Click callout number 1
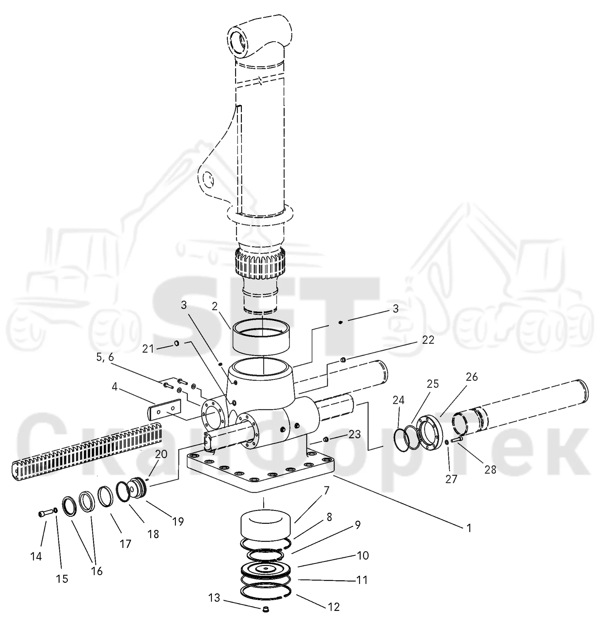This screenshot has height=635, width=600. [468, 528]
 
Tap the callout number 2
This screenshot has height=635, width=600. [214, 307]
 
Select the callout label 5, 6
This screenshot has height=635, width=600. [105, 358]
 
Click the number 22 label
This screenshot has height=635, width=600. [428, 340]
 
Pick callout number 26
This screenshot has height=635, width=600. [472, 377]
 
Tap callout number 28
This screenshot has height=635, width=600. [490, 469]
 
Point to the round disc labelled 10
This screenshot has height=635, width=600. [266, 569]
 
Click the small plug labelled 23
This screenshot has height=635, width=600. [325, 439]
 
